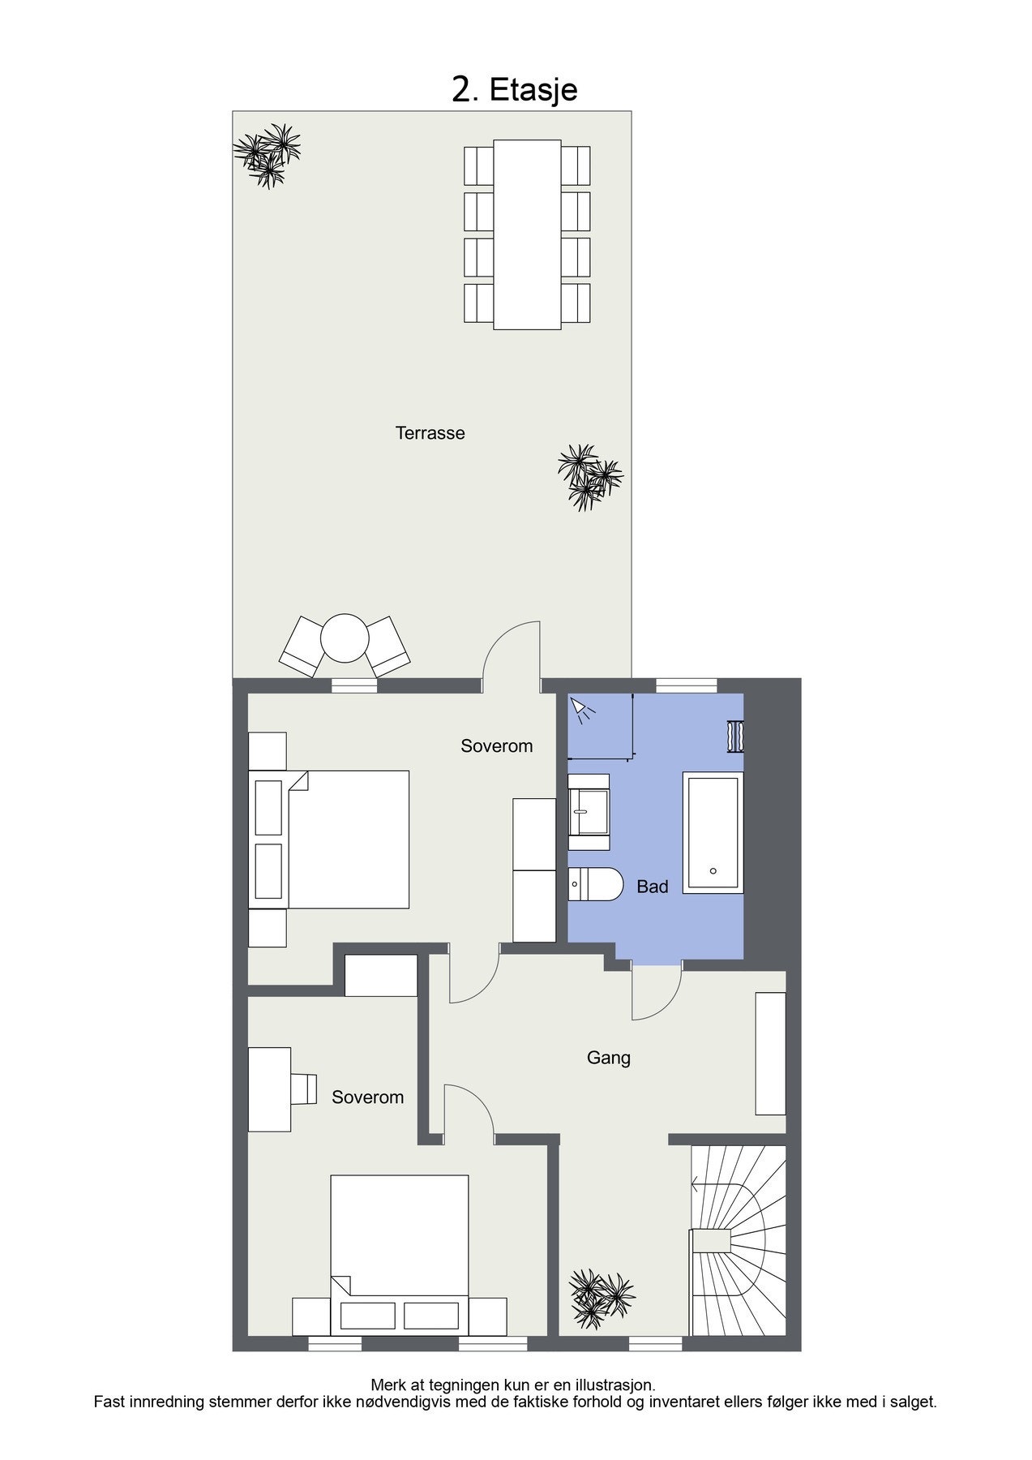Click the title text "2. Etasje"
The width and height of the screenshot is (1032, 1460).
click(x=515, y=89)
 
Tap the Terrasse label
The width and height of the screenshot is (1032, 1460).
click(x=430, y=433)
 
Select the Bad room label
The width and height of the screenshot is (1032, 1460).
click(x=652, y=887)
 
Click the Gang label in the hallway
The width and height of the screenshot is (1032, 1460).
click(x=608, y=1058)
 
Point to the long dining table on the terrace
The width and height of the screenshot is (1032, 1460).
click(x=527, y=234)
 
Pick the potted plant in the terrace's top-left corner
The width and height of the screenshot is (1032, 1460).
click(x=268, y=153)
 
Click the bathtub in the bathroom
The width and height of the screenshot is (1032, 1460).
click(x=713, y=832)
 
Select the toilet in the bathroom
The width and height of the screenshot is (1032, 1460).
click(x=596, y=883)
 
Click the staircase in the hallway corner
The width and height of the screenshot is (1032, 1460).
click(x=738, y=1241)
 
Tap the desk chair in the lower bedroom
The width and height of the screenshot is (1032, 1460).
click(x=305, y=1089)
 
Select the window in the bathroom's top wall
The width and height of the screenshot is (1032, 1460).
click(x=686, y=685)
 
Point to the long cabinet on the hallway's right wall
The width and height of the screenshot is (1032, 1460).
click(x=770, y=1052)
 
